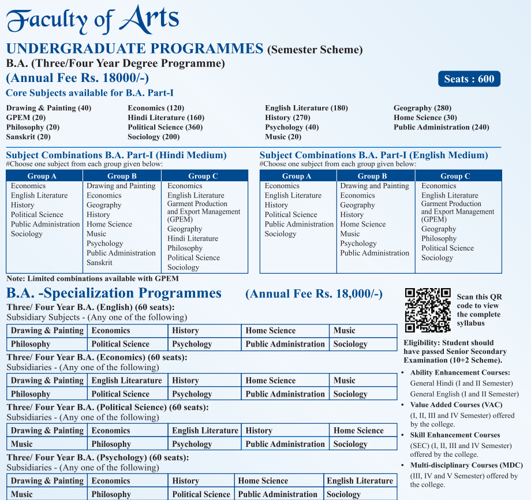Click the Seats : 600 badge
pos(469,79)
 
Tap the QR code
pos(428,310)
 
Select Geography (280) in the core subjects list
pos(422,108)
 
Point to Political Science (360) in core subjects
pos(165,127)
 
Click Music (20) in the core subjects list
pos(283,137)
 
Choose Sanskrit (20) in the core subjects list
pos(28,137)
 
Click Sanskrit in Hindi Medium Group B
pos(99,263)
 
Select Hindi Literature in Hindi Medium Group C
pos(193,238)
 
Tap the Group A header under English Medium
pos(297,176)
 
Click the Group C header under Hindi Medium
pos(203,176)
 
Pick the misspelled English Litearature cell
pos(126,380)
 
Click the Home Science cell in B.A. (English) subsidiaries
pos(270,331)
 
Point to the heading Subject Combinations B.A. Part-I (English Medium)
pos(373,155)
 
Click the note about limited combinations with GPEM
pos(92,278)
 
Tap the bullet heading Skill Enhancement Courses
pos(455,435)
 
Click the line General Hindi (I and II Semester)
pos(461,383)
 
